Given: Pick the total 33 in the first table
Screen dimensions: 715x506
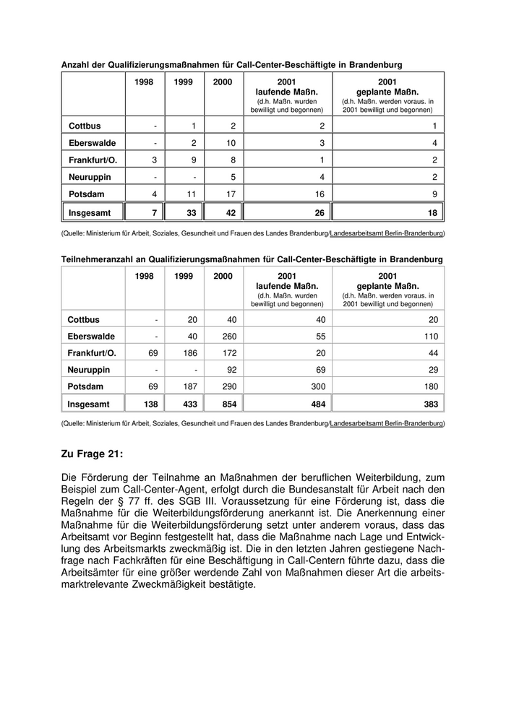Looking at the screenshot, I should pos(189,213).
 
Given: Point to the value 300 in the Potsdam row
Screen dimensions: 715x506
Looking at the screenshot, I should pos(316,386).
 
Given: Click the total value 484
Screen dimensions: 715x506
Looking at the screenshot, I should pos(316,403).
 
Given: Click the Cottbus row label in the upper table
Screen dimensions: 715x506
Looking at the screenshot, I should pos(85,126).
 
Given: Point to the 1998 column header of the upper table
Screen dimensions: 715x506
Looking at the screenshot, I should pos(144,82).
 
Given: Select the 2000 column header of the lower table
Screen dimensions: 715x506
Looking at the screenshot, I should pos(223,276).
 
